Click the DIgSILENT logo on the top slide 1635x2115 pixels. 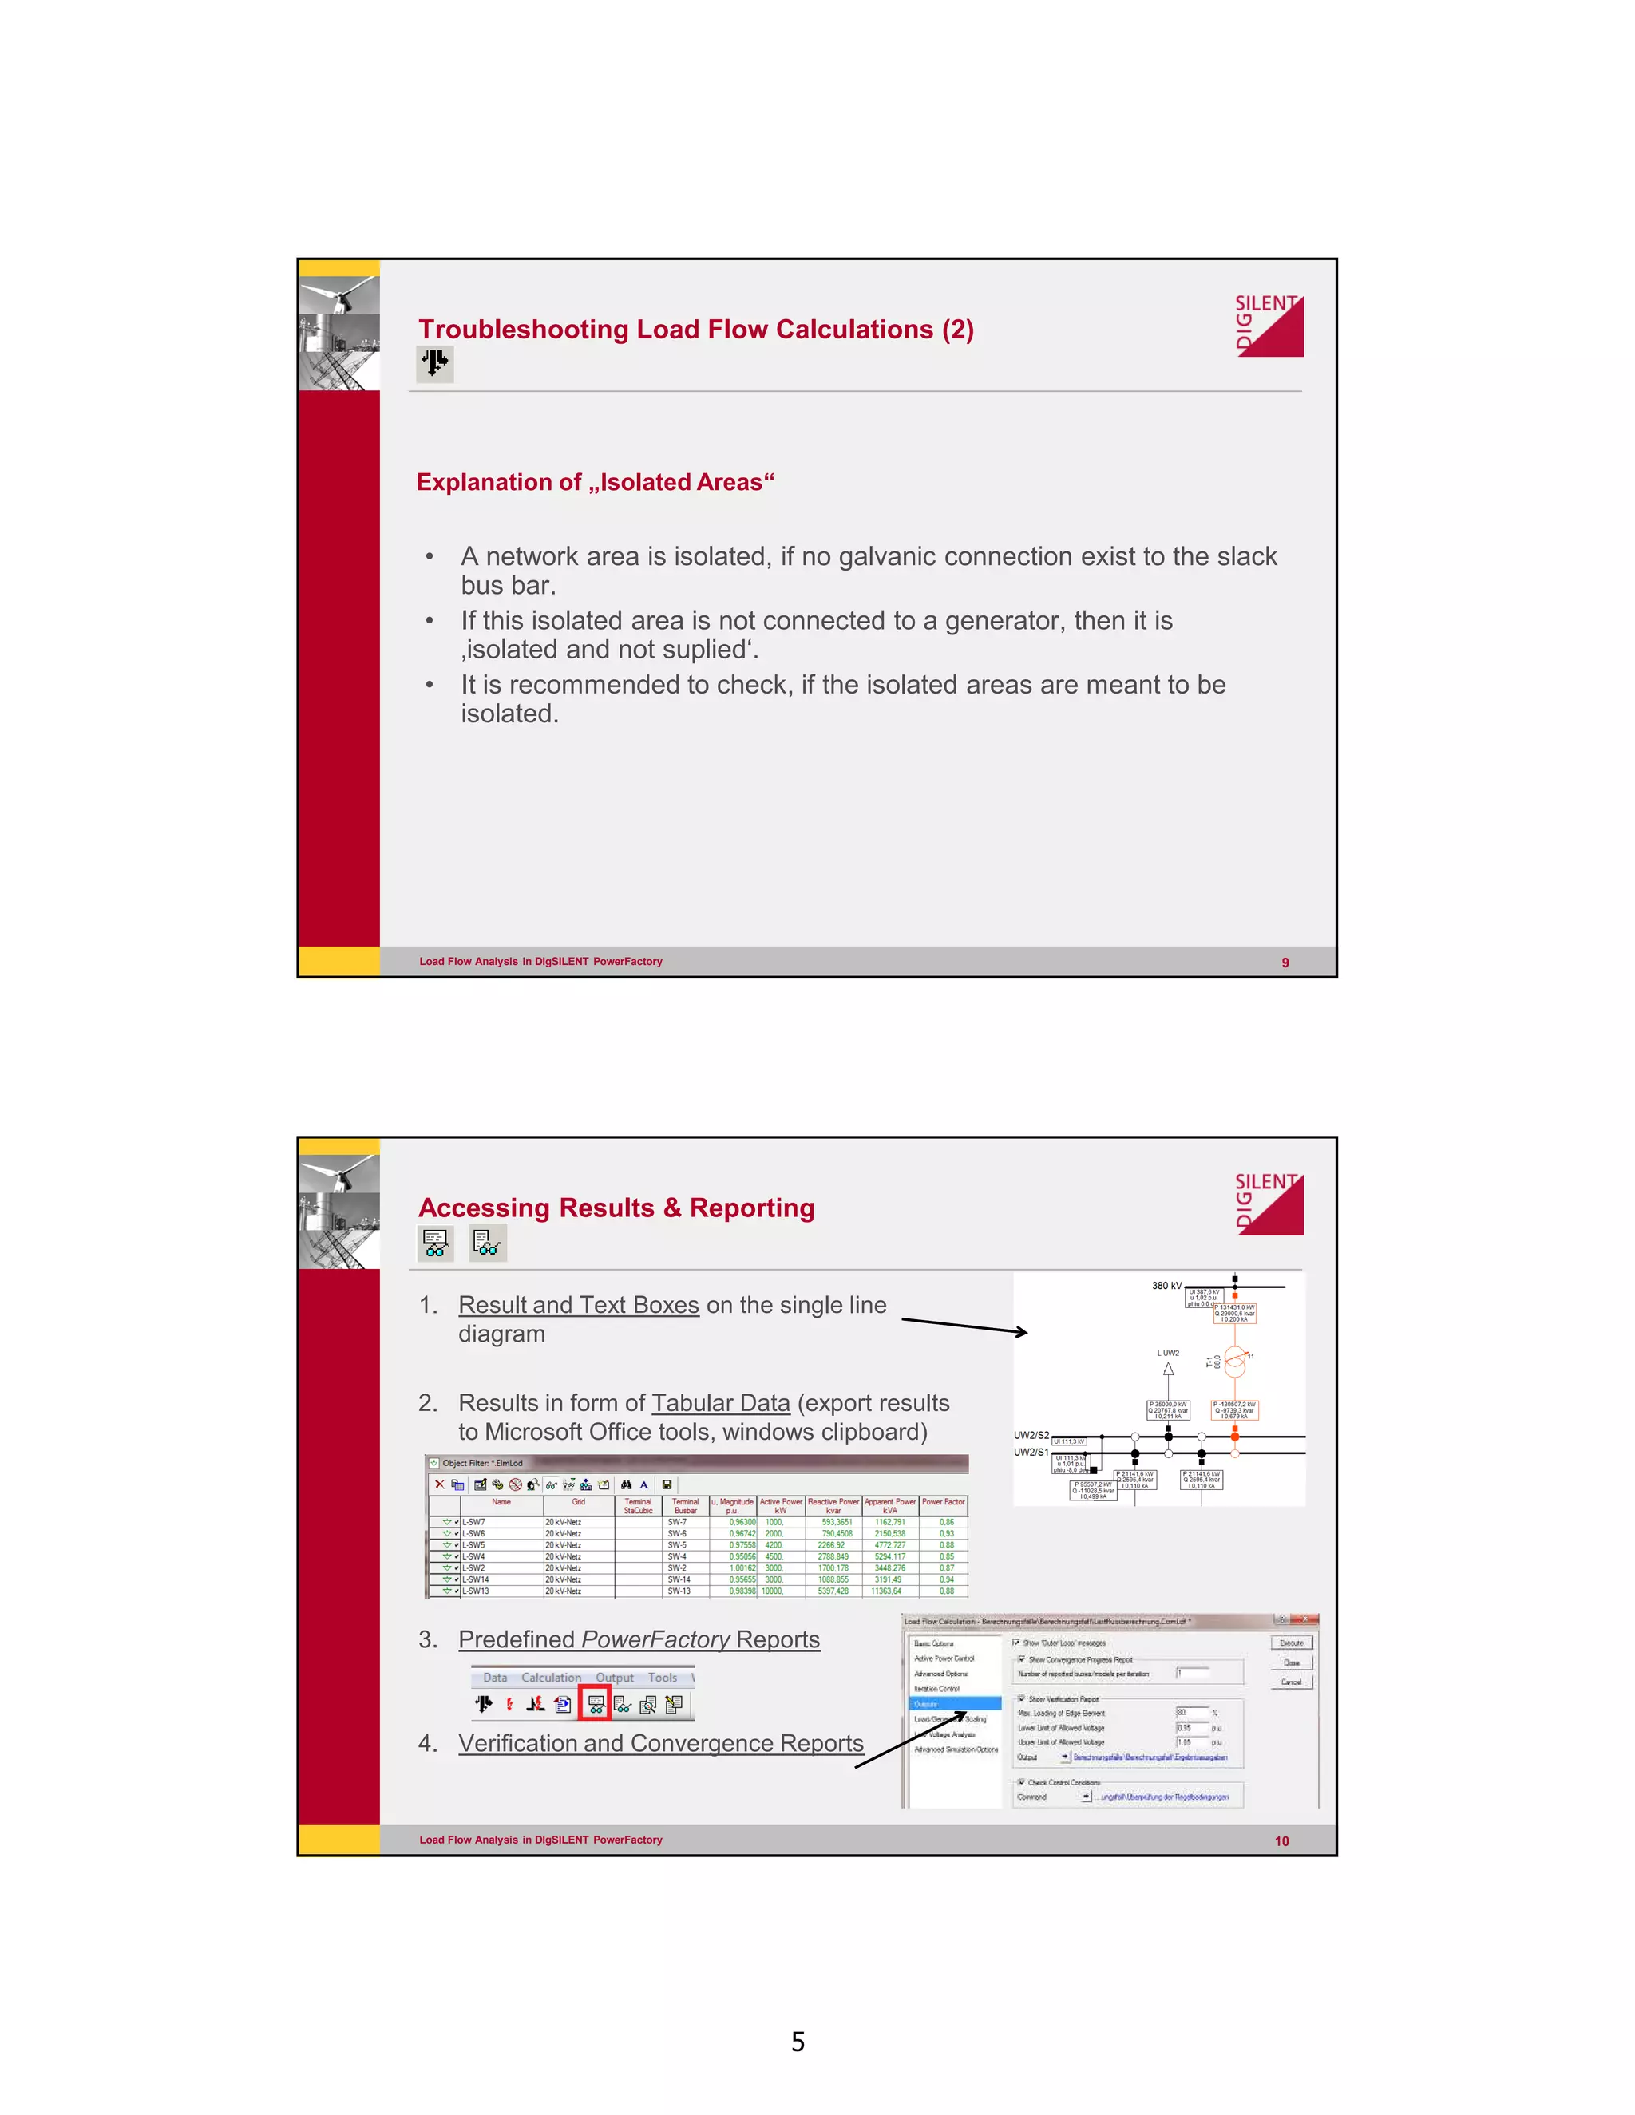[1269, 326]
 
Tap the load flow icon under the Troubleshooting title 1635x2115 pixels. [436, 364]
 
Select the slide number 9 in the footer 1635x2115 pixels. [1285, 963]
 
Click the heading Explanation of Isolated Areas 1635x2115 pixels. [595, 482]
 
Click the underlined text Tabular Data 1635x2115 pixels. [721, 1403]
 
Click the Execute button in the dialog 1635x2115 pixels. [1291, 1643]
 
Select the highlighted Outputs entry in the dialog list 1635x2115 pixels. [954, 1703]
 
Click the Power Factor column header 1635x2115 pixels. [944, 1502]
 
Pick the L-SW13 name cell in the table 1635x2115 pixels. [476, 1591]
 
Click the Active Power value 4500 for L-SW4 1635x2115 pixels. [774, 1556]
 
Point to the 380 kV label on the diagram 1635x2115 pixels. [1166, 1286]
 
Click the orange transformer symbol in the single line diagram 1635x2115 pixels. [1235, 1362]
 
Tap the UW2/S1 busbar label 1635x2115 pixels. [1031, 1453]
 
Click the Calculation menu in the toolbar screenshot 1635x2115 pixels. [550, 1678]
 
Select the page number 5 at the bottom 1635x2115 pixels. [798, 2042]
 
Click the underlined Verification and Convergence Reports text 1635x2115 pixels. [660, 1743]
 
